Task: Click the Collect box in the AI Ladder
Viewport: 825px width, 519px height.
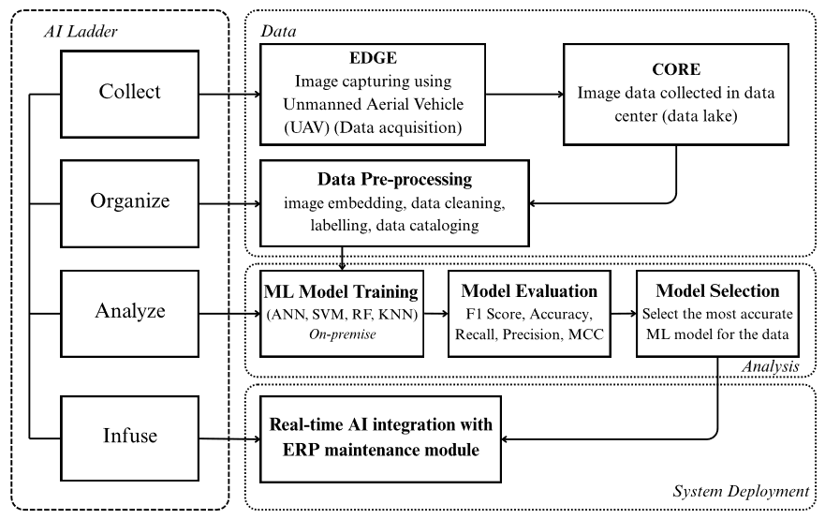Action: point(129,95)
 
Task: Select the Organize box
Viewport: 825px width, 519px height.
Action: point(129,203)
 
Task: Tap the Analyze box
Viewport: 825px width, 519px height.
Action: point(129,314)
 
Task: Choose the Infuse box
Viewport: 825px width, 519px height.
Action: point(129,437)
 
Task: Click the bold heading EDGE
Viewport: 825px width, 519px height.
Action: point(373,58)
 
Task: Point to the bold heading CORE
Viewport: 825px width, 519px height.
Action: point(676,69)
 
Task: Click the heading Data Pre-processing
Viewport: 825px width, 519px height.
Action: point(394,179)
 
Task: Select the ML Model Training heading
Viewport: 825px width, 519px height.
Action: point(342,291)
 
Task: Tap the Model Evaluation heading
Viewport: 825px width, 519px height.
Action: point(529,291)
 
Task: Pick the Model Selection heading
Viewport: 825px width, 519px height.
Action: point(717,290)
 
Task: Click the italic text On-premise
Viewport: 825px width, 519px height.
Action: point(343,334)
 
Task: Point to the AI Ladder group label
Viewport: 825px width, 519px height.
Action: point(81,32)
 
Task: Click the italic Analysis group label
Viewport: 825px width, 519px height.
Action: point(771,366)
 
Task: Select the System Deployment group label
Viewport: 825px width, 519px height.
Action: point(741,491)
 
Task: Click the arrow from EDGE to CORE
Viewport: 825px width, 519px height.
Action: point(524,95)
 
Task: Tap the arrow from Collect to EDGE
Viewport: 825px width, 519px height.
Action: point(230,95)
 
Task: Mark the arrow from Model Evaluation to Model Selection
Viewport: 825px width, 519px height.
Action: point(624,314)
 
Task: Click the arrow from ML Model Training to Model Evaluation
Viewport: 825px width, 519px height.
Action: point(436,314)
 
